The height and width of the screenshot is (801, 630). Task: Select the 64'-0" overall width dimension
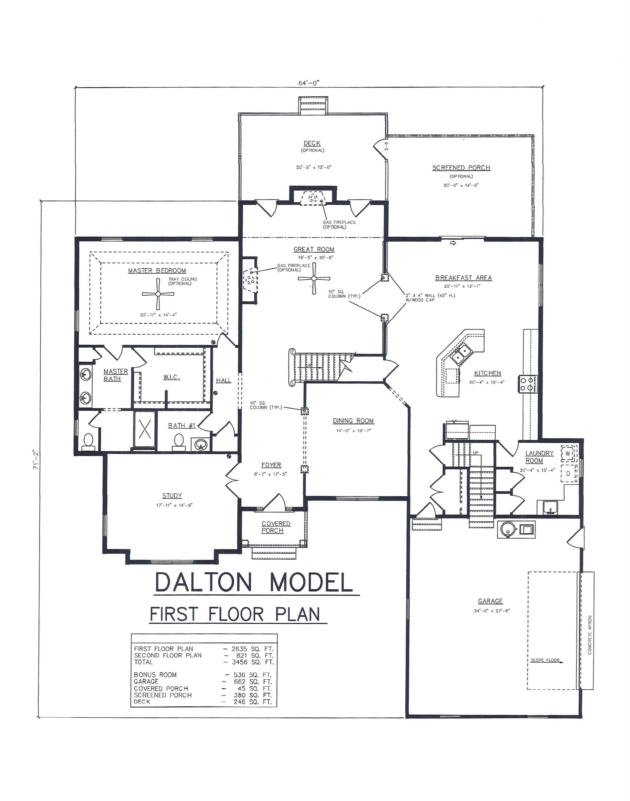(x=309, y=83)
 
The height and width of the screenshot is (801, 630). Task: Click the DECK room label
(x=312, y=143)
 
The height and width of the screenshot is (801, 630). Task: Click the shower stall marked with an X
(x=145, y=429)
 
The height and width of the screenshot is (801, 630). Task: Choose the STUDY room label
(x=172, y=495)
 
